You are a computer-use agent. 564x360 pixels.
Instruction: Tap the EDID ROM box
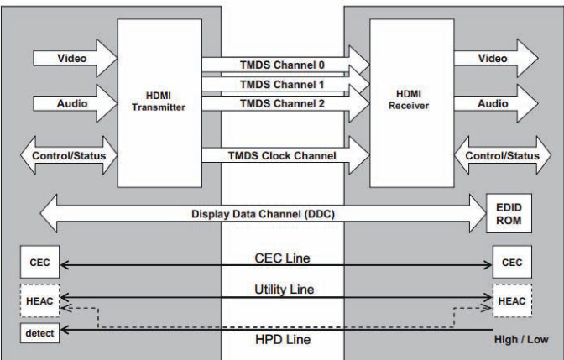pyautogui.click(x=509, y=213)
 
